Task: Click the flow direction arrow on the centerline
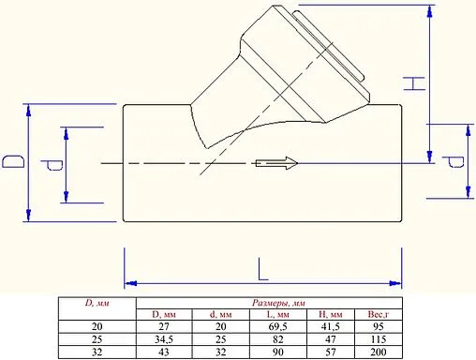[276, 163]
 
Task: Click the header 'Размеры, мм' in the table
[279, 303]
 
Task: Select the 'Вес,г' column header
[378, 314]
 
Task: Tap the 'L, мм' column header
[278, 314]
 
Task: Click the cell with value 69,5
[278, 325]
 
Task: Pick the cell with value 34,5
[164, 337]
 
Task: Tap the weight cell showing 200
[378, 351]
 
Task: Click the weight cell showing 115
[378, 337]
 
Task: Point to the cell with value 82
[278, 337]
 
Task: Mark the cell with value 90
[278, 351]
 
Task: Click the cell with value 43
[164, 351]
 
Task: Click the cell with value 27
[164, 325]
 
